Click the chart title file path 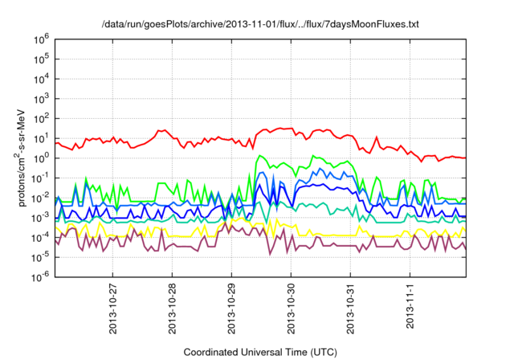[x=261, y=25]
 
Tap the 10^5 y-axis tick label [x=39, y=59]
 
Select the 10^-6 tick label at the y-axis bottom [x=38, y=276]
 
